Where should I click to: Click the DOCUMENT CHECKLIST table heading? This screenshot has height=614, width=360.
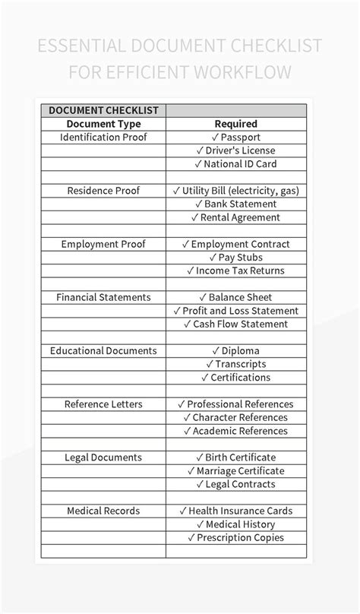(103, 110)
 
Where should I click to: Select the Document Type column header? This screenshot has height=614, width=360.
(103, 124)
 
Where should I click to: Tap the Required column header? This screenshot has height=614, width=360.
(235, 124)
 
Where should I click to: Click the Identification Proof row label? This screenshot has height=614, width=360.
(103, 138)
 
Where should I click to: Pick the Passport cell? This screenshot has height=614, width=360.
(235, 138)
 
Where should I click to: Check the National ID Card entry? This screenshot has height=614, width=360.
(235, 164)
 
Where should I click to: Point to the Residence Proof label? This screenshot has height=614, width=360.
(103, 191)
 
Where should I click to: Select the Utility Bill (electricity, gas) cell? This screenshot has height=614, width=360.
(235, 191)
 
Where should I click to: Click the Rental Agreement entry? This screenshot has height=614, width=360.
(235, 217)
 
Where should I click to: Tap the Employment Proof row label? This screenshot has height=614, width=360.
(103, 244)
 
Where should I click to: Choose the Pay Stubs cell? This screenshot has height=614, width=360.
(235, 258)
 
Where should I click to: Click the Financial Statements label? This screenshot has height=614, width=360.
(103, 297)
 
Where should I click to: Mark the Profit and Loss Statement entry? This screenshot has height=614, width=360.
(235, 311)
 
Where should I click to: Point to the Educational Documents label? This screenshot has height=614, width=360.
(103, 351)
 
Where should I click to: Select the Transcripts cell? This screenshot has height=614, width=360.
(235, 364)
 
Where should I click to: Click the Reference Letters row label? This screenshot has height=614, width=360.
(103, 404)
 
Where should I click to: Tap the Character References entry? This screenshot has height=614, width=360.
(235, 417)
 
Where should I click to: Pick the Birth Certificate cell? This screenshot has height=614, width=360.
(235, 457)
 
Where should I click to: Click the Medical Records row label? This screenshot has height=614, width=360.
(103, 511)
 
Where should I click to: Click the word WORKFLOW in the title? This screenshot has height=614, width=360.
(243, 74)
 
